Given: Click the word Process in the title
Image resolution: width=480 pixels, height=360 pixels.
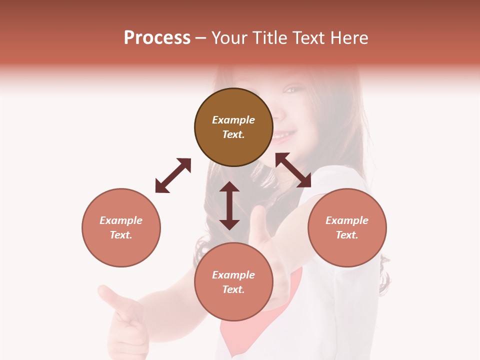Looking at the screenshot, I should point(157,38).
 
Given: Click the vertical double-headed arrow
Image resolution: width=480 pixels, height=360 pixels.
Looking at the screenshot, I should point(229,205).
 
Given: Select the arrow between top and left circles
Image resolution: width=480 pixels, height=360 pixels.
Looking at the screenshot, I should point(173,175).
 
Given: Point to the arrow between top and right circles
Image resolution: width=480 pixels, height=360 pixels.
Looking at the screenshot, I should point(293,170).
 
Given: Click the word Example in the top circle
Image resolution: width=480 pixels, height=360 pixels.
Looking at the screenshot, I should point(233,120).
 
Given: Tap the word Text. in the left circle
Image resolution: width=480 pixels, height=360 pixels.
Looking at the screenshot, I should point(121,235).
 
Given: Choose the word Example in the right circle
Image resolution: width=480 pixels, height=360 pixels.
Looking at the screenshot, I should point(347,220).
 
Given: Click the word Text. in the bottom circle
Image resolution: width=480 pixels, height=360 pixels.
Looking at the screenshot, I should point(233,289).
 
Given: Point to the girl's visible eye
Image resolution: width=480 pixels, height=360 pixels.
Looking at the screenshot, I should point(290,90).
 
